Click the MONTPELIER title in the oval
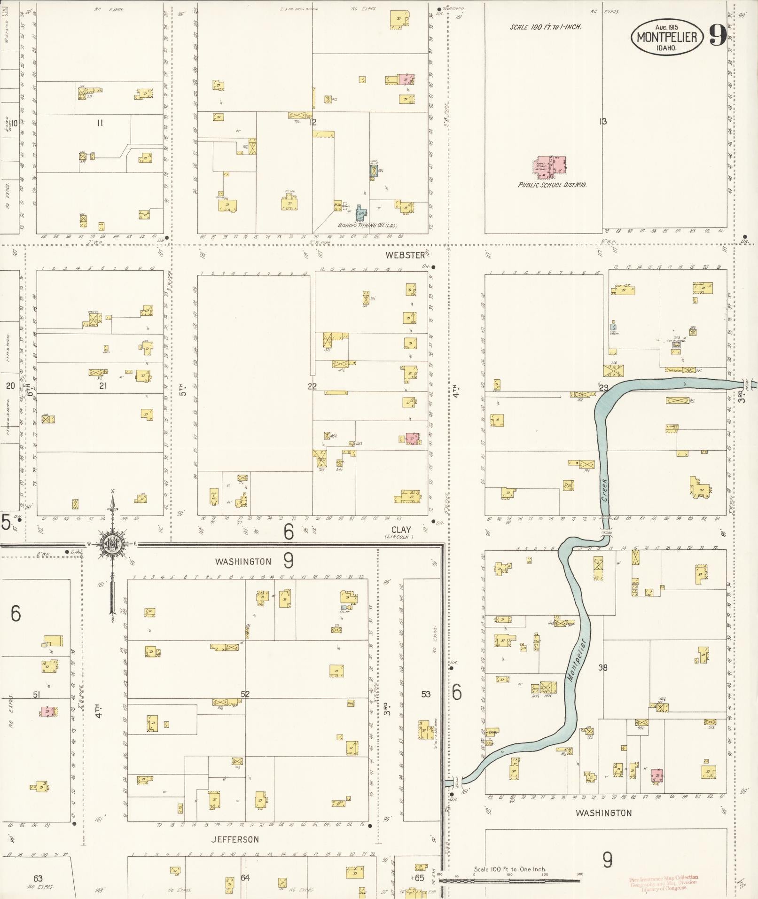point(667,37)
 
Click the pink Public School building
point(550,167)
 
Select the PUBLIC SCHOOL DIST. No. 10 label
point(552,185)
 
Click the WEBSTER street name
point(405,255)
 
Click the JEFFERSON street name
point(234,839)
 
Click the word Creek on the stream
point(604,490)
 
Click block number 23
point(603,388)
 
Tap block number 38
point(603,667)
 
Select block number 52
point(245,694)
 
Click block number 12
point(313,123)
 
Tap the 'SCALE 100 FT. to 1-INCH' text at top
point(546,27)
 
